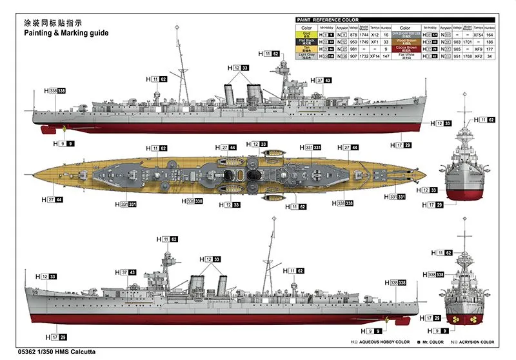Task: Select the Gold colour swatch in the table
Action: click(x=306, y=35)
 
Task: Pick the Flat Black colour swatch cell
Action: click(x=306, y=42)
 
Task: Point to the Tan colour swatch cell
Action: click(x=306, y=49)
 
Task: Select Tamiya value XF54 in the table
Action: click(x=477, y=35)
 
